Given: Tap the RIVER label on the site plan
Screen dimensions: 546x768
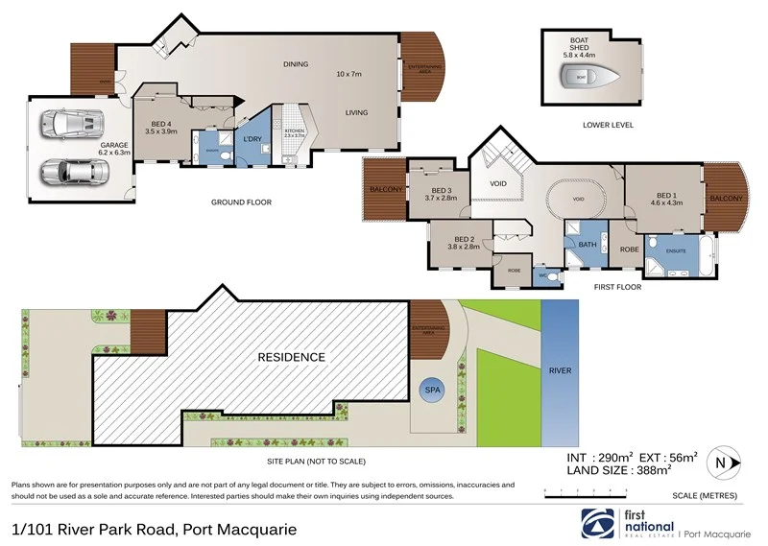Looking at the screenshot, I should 561,369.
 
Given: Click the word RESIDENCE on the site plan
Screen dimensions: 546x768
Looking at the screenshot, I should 291,357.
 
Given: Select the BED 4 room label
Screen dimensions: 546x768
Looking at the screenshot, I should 159,125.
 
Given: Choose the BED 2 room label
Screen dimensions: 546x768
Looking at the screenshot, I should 464,242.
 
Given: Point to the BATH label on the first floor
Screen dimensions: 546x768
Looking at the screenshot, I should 588,245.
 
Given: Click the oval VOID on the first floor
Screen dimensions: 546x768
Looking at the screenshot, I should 578,200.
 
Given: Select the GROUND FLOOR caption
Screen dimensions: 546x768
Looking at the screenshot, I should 242,202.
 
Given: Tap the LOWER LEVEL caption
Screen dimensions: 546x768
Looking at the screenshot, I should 609,125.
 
